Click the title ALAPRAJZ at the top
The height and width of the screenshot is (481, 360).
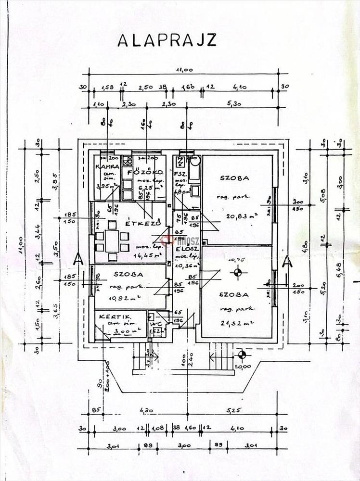(x=167, y=40)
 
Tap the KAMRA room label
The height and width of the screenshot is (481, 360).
(x=103, y=166)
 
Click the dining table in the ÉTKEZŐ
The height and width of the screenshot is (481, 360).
(x=112, y=236)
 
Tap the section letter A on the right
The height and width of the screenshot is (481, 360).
(x=287, y=262)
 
